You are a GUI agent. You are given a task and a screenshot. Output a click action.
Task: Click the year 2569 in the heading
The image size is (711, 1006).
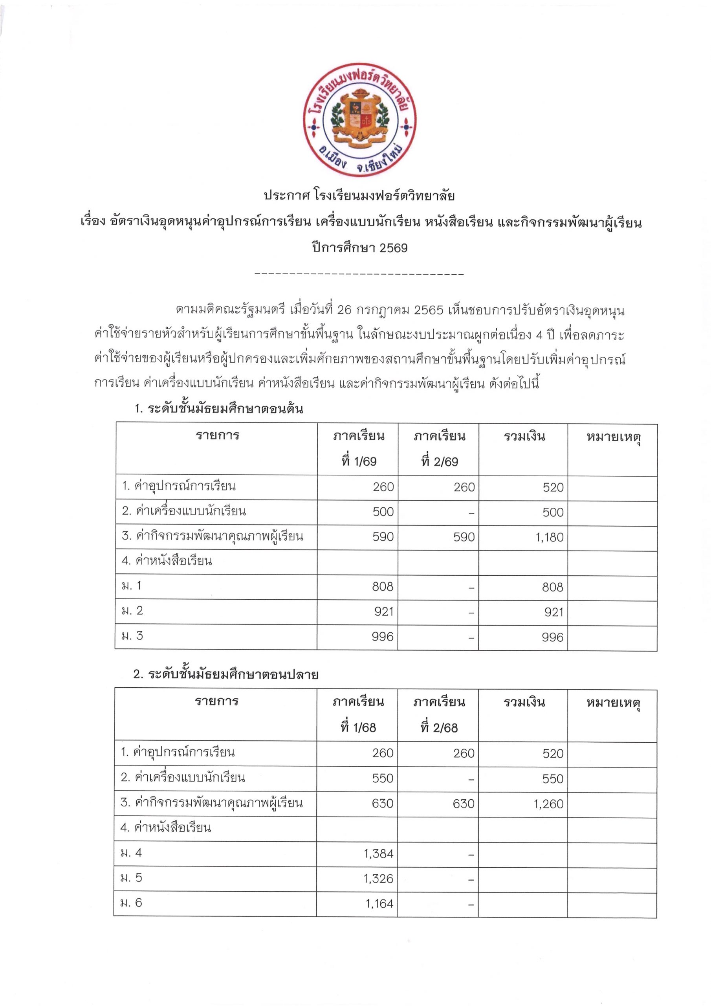[393, 248]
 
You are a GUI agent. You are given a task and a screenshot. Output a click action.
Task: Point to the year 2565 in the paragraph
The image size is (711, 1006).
[429, 310]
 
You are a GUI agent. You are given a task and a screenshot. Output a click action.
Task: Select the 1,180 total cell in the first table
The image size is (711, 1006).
[549, 537]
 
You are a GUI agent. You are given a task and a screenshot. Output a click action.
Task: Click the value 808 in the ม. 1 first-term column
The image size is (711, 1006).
[383, 587]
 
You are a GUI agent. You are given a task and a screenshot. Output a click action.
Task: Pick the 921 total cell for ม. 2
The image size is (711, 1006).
[554, 612]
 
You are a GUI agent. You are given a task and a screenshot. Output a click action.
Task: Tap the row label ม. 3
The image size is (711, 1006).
[132, 636]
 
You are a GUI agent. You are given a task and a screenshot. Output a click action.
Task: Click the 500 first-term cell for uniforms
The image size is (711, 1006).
[383, 512]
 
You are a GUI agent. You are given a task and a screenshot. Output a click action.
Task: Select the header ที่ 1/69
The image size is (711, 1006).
[359, 461]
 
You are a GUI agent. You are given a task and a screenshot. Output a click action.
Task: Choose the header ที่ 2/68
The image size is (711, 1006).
[439, 728]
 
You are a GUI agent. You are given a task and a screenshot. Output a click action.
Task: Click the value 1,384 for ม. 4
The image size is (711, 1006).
[379, 854]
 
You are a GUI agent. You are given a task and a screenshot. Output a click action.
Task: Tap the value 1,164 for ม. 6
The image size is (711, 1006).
[379, 903]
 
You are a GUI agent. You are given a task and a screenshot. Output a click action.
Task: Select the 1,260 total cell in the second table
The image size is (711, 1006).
[548, 804]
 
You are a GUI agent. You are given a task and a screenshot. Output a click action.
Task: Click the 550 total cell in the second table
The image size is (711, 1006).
[552, 779]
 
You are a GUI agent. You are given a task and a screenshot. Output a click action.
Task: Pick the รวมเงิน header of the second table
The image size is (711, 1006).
[524, 703]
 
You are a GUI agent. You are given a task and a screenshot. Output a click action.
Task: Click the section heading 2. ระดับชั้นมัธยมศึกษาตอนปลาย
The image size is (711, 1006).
[225, 674]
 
